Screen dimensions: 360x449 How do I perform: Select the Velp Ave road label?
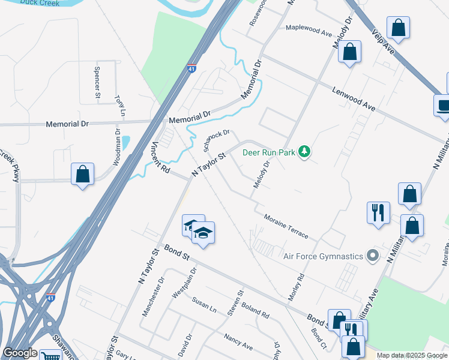coord(382,42)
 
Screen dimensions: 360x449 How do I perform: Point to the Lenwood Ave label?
coord(354,98)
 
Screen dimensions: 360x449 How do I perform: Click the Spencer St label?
coord(97,82)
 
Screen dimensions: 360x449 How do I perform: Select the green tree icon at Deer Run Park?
coord(305,152)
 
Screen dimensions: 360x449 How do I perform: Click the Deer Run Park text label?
coord(269,152)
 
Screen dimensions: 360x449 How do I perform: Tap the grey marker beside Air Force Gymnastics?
coord(373,256)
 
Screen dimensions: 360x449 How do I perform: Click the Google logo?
coord(20,353)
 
